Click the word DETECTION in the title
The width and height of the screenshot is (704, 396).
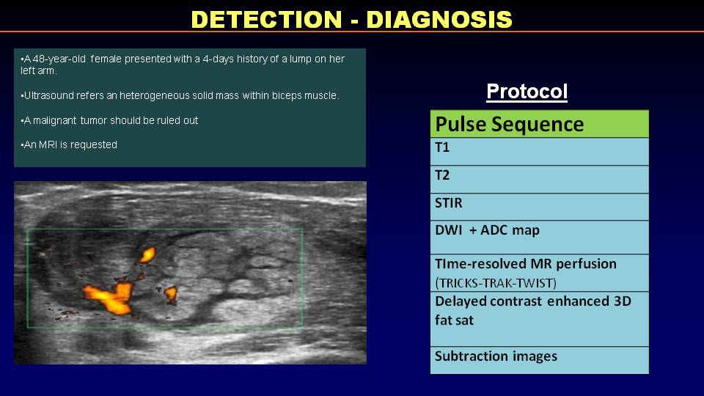click(267, 19)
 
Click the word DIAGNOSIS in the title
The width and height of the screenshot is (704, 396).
click(439, 19)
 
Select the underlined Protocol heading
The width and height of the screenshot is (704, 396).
click(527, 92)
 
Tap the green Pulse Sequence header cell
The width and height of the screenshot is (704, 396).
click(540, 124)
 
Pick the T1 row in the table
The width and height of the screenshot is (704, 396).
click(540, 152)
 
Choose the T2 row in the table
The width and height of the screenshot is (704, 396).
click(540, 180)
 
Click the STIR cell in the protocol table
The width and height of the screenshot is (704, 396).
click(540, 207)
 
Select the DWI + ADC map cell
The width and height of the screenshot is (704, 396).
click(540, 238)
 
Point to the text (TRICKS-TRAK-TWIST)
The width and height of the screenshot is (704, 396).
click(496, 283)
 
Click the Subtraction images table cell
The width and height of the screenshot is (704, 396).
click(540, 360)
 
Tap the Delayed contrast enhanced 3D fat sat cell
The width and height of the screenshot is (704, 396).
click(540, 319)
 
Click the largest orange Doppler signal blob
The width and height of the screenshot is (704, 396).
click(110, 297)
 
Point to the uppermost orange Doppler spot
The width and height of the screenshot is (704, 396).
click(147, 255)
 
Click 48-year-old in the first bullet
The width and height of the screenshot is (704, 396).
click(59, 59)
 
